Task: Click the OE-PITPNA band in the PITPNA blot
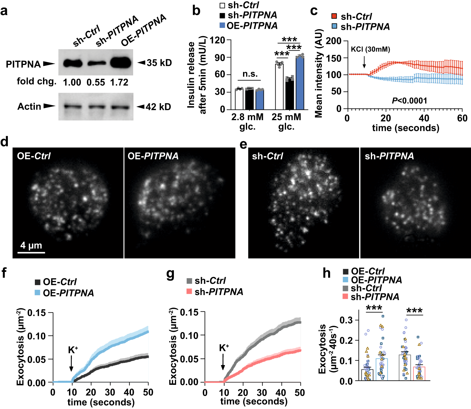121,63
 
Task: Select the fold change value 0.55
96,83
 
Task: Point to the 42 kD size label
158,107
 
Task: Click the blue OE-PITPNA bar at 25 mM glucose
300,83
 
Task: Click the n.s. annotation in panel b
250,74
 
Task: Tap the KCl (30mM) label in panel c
371,49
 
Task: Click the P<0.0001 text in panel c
409,101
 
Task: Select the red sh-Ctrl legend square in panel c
334,16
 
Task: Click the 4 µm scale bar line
31,252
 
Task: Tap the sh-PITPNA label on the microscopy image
389,156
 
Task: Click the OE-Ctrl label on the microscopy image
34,156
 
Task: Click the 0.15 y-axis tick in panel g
189,312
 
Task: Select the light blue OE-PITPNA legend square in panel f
37,293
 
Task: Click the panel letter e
243,145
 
